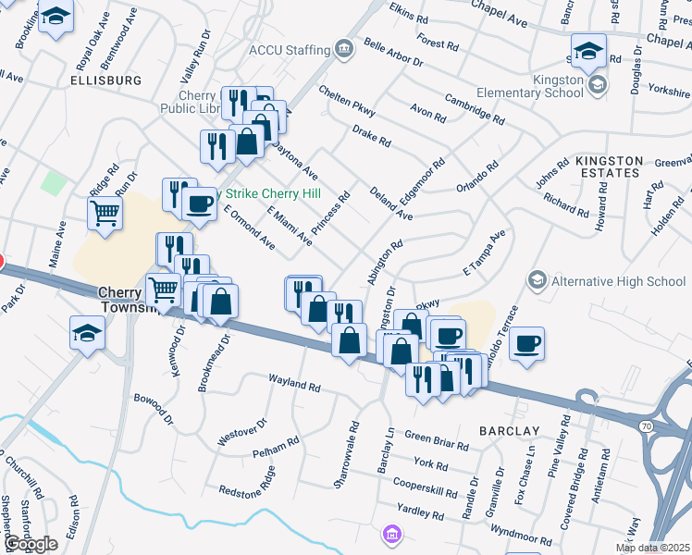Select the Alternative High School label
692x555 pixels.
click(617, 280)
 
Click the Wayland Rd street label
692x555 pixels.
click(293, 381)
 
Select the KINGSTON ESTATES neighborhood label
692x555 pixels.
click(608, 166)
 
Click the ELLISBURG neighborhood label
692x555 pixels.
click(105, 80)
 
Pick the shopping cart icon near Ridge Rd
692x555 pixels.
click(105, 214)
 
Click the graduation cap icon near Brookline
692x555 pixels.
click(56, 18)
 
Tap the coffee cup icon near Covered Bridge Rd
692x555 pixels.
click(526, 344)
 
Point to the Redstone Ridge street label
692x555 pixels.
click(247, 489)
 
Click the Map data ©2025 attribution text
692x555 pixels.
click(652, 548)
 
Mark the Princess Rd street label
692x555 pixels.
click(330, 213)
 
